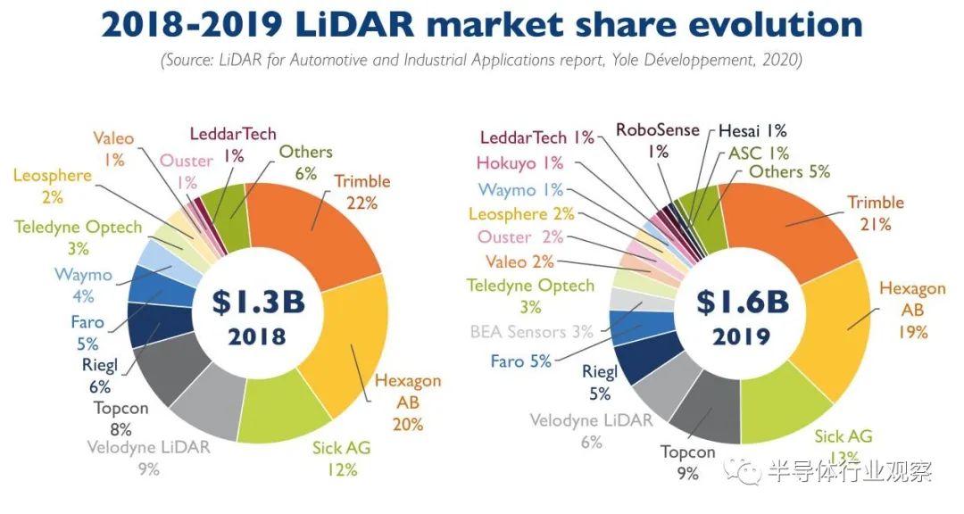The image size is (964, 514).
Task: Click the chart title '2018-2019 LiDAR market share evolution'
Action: (481, 24)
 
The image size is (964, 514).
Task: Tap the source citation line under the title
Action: (481, 61)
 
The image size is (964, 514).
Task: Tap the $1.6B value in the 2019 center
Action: (744, 302)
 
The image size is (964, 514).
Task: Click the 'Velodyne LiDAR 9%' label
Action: (149, 457)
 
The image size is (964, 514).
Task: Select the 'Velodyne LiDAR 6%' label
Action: (592, 430)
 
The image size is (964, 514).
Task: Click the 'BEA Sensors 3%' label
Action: (531, 332)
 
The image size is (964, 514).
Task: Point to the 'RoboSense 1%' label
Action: (658, 140)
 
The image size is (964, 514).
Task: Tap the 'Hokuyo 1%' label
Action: (519, 163)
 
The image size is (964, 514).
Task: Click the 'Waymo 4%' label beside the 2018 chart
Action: (83, 285)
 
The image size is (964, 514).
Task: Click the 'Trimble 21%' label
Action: (876, 213)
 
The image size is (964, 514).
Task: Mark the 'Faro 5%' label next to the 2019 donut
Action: (520, 361)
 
